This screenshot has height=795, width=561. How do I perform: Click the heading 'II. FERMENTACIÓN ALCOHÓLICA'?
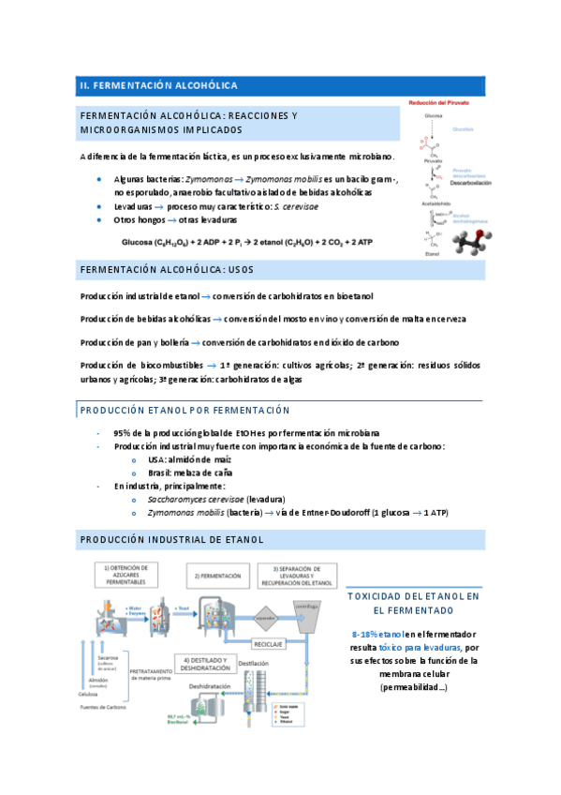[158, 85]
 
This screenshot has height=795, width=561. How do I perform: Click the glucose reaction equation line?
[246, 241]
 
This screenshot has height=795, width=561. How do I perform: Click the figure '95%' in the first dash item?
[122, 433]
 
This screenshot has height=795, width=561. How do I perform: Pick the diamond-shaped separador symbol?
[266, 618]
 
